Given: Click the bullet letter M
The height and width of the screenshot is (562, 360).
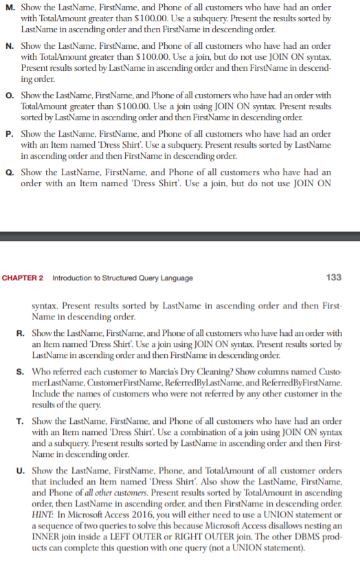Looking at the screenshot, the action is pyautogui.click(x=7, y=7).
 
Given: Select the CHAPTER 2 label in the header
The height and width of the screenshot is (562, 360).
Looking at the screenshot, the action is pyautogui.click(x=23, y=278).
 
